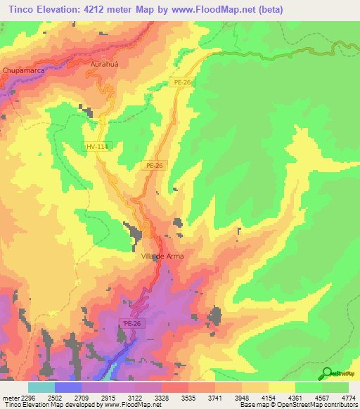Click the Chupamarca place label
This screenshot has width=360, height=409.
click(25, 71)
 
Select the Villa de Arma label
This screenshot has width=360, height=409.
click(162, 257)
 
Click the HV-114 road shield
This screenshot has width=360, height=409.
click(95, 146)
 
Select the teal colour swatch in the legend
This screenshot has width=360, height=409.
click(41, 387)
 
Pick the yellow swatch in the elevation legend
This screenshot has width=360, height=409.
click(281, 387)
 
